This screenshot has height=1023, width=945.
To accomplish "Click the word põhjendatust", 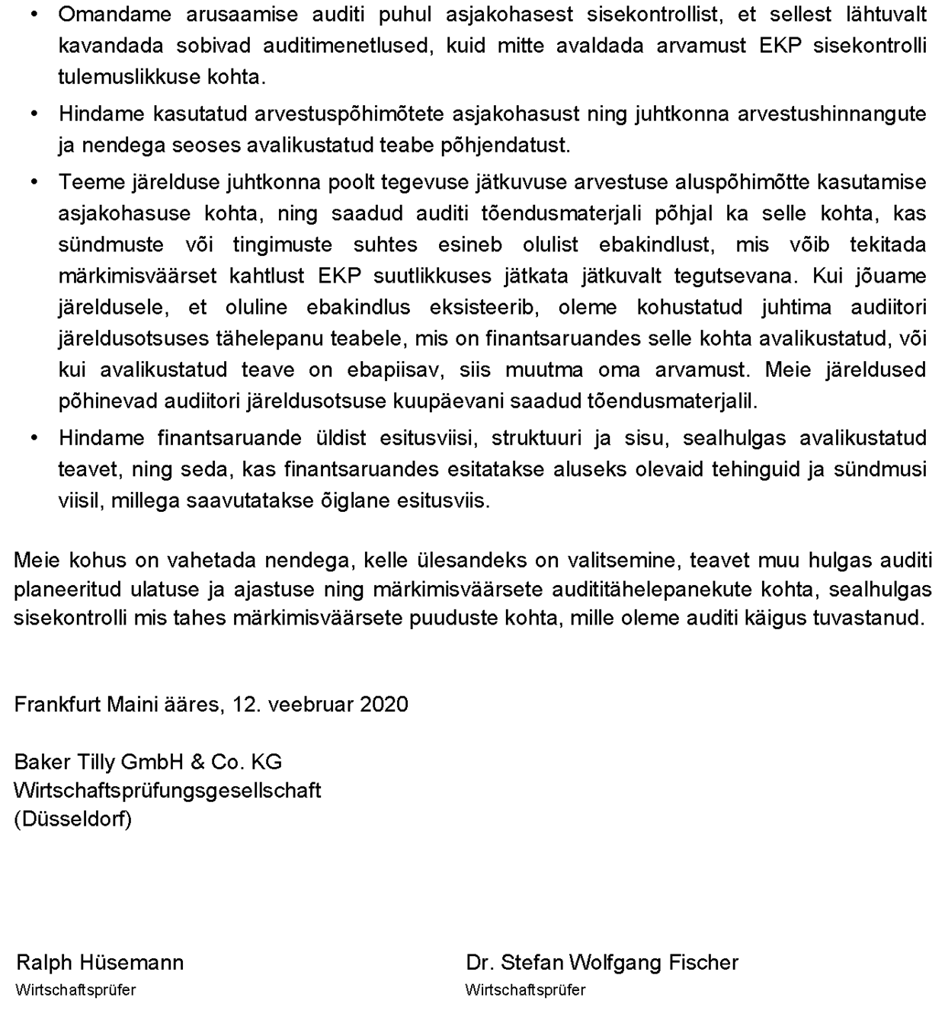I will tap(505, 145).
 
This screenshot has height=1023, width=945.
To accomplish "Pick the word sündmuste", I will tap(111, 245).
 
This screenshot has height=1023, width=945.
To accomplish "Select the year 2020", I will tap(384, 704).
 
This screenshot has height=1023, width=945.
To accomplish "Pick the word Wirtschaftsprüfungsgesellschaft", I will tap(167, 791).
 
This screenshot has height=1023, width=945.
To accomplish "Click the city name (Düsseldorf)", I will tap(72, 820).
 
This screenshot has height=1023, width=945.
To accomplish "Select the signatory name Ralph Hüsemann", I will tap(100, 963).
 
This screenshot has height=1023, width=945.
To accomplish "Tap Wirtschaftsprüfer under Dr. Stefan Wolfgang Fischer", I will tap(525, 990).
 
